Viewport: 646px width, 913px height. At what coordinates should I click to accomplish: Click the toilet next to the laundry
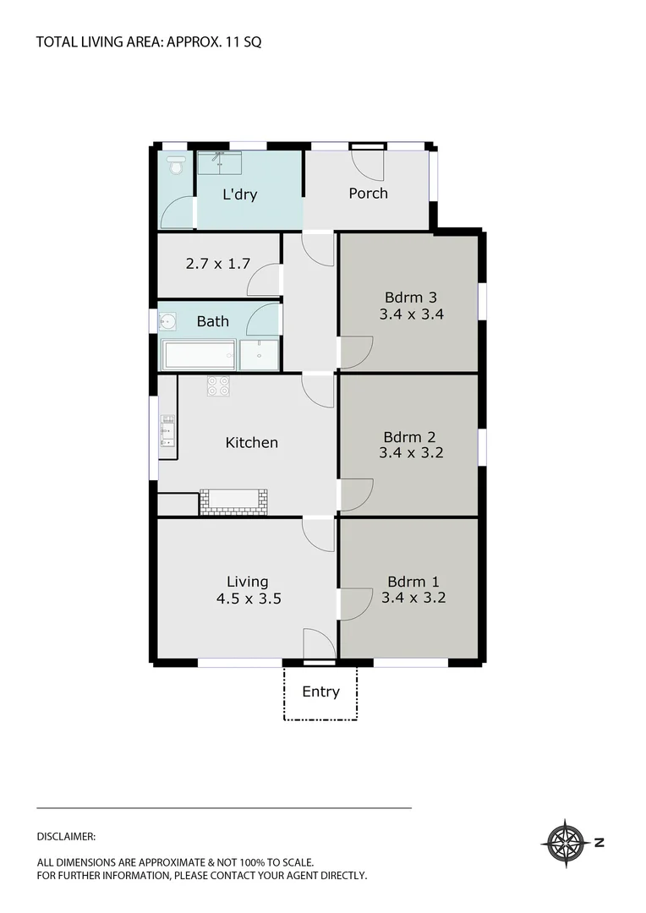coord(176,164)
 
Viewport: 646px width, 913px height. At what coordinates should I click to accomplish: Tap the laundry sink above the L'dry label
coord(219,162)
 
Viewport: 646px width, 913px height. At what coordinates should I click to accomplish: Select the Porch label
coord(368,193)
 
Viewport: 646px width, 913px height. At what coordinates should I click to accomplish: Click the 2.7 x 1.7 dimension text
coord(217,263)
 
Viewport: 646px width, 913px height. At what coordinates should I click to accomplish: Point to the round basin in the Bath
coord(167,321)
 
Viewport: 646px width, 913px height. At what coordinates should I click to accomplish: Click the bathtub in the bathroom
coord(200,354)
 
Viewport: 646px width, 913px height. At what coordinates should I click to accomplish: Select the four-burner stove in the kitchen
coord(218,386)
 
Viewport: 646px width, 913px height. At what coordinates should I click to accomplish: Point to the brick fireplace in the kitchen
coord(233,502)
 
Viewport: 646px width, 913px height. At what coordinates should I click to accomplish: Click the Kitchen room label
coord(251,442)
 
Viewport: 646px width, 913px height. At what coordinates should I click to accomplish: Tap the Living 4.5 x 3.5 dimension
coord(247,598)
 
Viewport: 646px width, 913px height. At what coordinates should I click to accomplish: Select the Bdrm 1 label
coord(413,581)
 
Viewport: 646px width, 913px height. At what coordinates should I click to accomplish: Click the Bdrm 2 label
coord(409,437)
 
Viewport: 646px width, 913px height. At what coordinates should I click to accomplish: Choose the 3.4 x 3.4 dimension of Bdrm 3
coord(413,314)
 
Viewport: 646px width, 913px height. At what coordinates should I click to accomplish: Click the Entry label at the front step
coord(320,692)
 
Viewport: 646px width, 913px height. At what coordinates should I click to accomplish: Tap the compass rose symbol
coord(565,842)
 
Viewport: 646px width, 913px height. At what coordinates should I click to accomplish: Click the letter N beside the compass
coord(599,842)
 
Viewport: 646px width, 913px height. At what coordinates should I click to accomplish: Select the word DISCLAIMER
coord(66,836)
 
